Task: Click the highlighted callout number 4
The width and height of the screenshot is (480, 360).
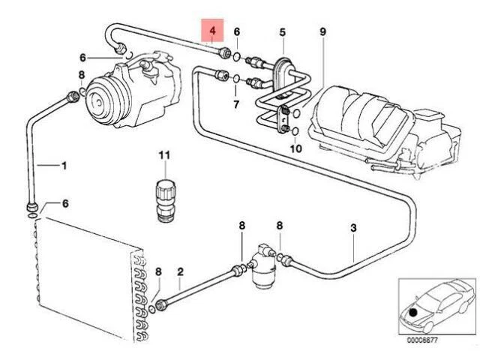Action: pyautogui.click(x=212, y=31)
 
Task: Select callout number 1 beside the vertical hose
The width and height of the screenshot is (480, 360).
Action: pyautogui.click(x=64, y=165)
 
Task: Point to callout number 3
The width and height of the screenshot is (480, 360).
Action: pyautogui.click(x=353, y=228)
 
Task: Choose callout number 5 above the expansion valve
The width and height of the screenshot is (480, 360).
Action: pyautogui.click(x=283, y=31)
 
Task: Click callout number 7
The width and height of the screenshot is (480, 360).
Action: pyautogui.click(x=235, y=103)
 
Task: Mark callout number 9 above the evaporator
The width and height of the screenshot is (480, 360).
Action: pyautogui.click(x=322, y=31)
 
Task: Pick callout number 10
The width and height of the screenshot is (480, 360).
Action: pyautogui.click(x=295, y=148)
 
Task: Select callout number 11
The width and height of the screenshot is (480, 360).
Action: pyautogui.click(x=164, y=155)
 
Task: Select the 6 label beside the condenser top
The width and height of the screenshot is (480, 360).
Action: pyautogui.click(x=64, y=204)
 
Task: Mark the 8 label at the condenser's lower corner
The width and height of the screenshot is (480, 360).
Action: pyautogui.click(x=158, y=271)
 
